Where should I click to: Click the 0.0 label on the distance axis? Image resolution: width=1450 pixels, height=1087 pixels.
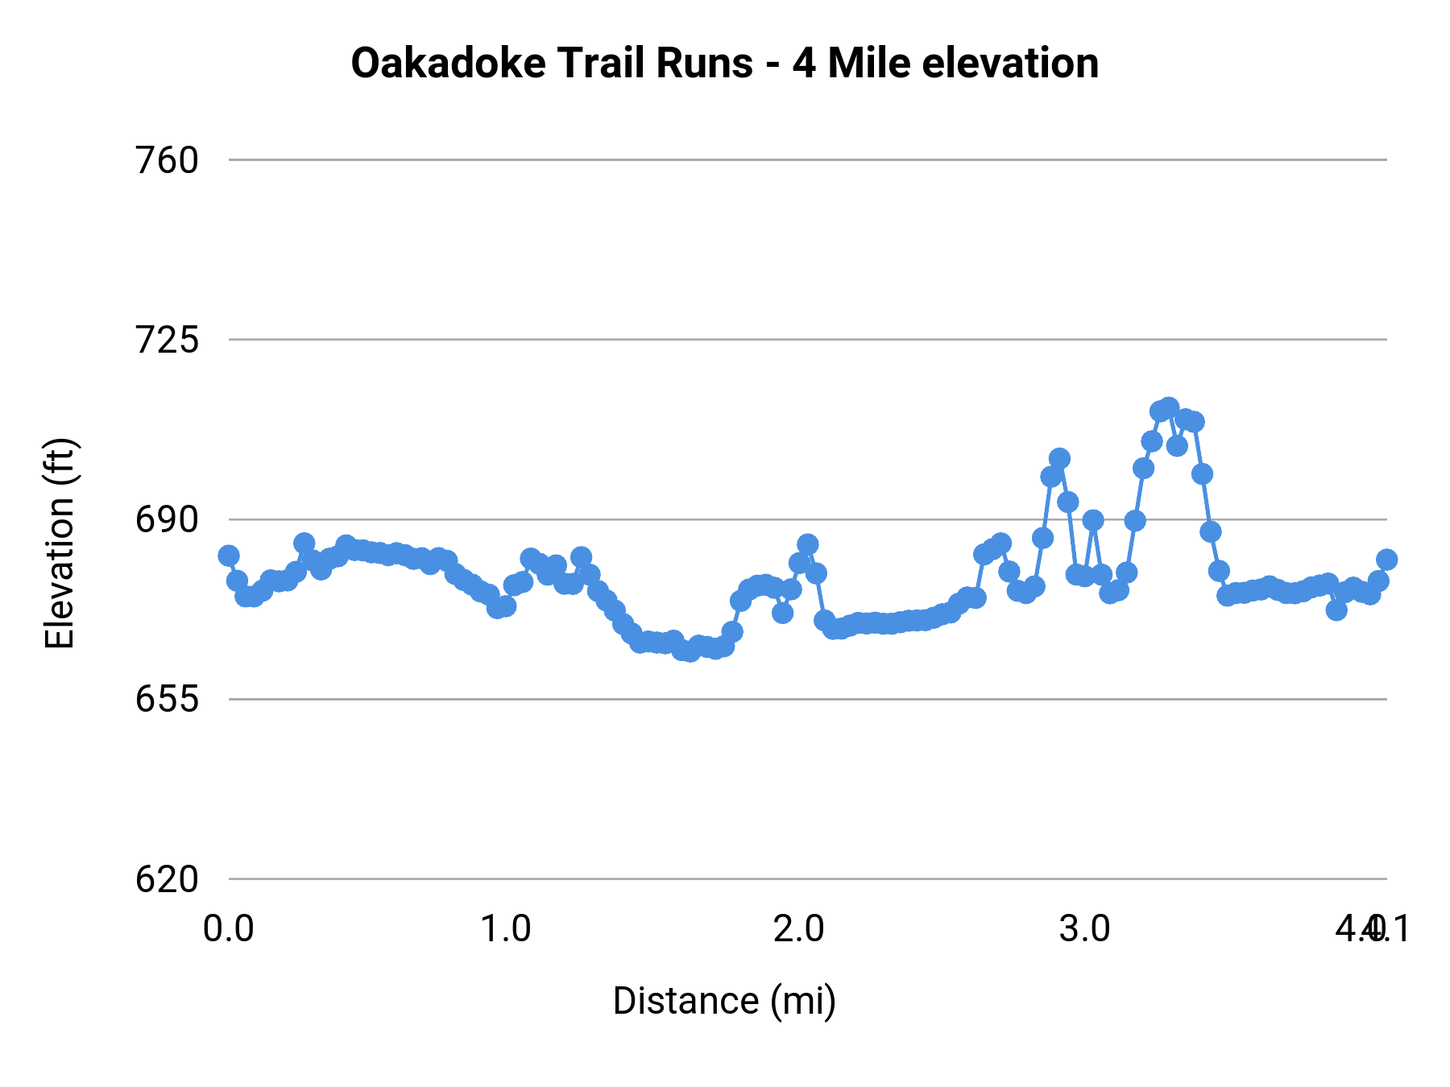[x=228, y=928]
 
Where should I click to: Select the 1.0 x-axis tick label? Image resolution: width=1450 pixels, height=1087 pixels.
[x=506, y=928]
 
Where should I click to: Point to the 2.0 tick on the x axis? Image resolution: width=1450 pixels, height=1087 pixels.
[x=798, y=928]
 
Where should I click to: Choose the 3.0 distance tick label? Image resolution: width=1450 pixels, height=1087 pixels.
[x=1084, y=928]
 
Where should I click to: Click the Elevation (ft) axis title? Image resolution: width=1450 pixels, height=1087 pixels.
[x=60, y=543]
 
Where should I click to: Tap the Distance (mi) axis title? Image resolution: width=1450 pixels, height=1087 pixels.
[x=724, y=1001]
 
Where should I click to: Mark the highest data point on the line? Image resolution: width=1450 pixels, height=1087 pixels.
[x=1169, y=407]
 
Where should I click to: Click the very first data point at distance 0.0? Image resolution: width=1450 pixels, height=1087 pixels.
[x=229, y=555]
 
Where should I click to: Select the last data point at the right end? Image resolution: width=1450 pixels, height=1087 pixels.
[x=1386, y=560]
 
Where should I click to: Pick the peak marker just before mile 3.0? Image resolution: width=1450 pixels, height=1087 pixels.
[x=1059, y=458]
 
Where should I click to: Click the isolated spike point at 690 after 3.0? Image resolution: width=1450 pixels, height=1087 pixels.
[x=1093, y=520]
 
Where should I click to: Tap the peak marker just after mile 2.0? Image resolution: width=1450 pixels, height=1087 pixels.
[x=807, y=544]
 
